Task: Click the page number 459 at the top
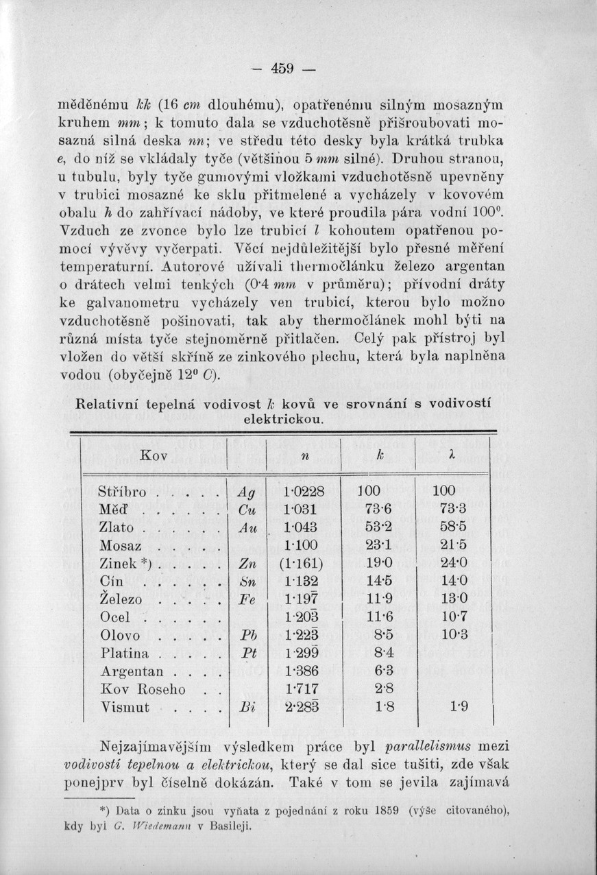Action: (x=282, y=69)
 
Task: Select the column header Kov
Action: (x=154, y=455)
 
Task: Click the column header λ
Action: (x=450, y=456)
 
